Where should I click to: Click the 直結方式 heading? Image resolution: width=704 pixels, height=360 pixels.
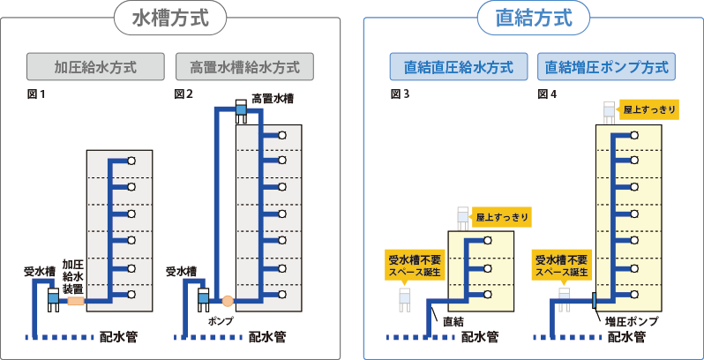(x=534, y=19)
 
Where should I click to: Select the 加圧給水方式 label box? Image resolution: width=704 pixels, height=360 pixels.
(x=96, y=67)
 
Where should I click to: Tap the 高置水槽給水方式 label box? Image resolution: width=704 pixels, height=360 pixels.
(x=244, y=67)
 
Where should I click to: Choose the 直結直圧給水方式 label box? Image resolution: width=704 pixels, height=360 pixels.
(x=460, y=67)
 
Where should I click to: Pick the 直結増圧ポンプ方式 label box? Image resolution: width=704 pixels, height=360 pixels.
(x=606, y=67)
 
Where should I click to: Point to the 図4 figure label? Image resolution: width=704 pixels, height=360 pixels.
(x=547, y=94)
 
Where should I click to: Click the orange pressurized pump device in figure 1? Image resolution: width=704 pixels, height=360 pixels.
(x=76, y=300)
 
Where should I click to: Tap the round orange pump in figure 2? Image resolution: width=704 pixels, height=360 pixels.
(x=227, y=300)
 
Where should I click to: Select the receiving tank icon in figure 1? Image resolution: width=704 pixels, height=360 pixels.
(x=52, y=298)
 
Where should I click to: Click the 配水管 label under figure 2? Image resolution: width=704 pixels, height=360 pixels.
(x=266, y=336)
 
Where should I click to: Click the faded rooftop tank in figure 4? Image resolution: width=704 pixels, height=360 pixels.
(x=609, y=110)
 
